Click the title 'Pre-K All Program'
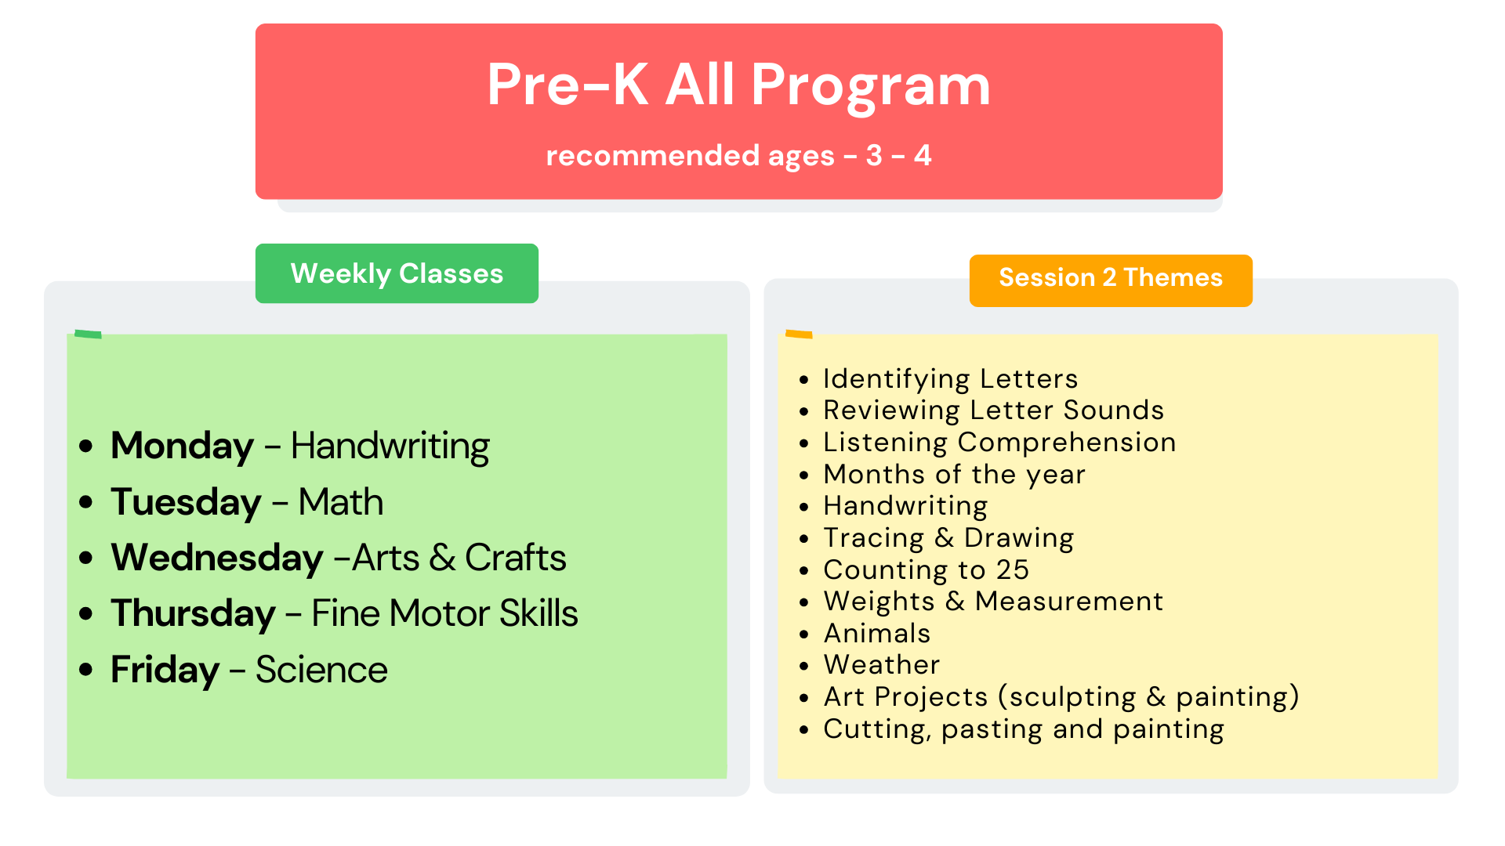pos(738,85)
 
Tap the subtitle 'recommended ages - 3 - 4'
pos(738,156)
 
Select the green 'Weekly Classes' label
pos(397,273)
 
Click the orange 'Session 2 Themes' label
pos(1111,278)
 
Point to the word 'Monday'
pos(182,446)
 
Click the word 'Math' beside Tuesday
pos(341,502)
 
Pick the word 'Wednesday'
pos(217,559)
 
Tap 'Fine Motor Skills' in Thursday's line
pos(444,613)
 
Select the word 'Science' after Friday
pos(321,671)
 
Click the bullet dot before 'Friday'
pos(86,670)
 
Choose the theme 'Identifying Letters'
pos(950,379)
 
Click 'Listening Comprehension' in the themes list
pos(999,443)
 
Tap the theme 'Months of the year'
pos(954,475)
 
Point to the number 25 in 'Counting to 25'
pos(1012,570)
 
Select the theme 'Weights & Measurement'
pos(993,602)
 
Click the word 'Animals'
pos(877,634)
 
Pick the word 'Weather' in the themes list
pos(882,665)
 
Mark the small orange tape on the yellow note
pos(799,334)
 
